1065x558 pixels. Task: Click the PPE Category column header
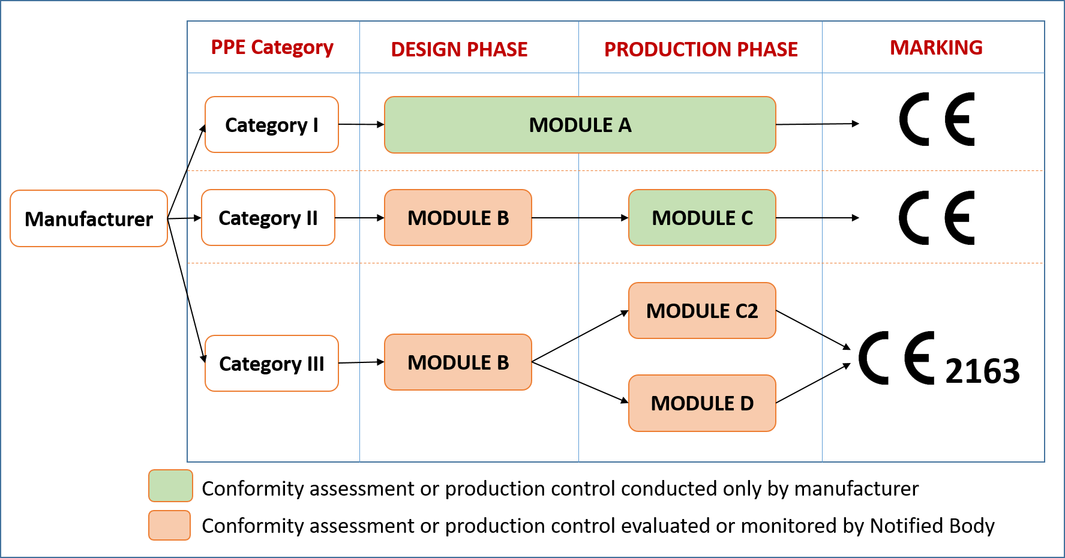(272, 47)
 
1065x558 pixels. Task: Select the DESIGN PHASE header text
(459, 49)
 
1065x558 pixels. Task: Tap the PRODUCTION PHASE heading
(701, 49)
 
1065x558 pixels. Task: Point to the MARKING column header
(936, 47)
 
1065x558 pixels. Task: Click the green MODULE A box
(580, 125)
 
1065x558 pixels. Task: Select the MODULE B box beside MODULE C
(458, 218)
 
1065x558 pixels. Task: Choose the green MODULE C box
(702, 218)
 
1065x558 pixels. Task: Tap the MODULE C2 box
(702, 311)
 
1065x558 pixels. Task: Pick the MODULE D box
(702, 403)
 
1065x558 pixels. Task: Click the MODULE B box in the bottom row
(458, 362)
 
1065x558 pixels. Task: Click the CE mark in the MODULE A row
(936, 119)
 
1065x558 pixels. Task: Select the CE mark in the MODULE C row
(936, 218)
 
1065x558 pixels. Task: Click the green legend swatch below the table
(170, 485)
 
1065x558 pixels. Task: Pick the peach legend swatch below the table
(170, 525)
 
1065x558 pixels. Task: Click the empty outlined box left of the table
(89, 218)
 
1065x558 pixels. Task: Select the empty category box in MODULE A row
(272, 125)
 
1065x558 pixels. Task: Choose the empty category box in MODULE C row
(268, 218)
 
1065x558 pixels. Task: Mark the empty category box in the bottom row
(272, 364)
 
